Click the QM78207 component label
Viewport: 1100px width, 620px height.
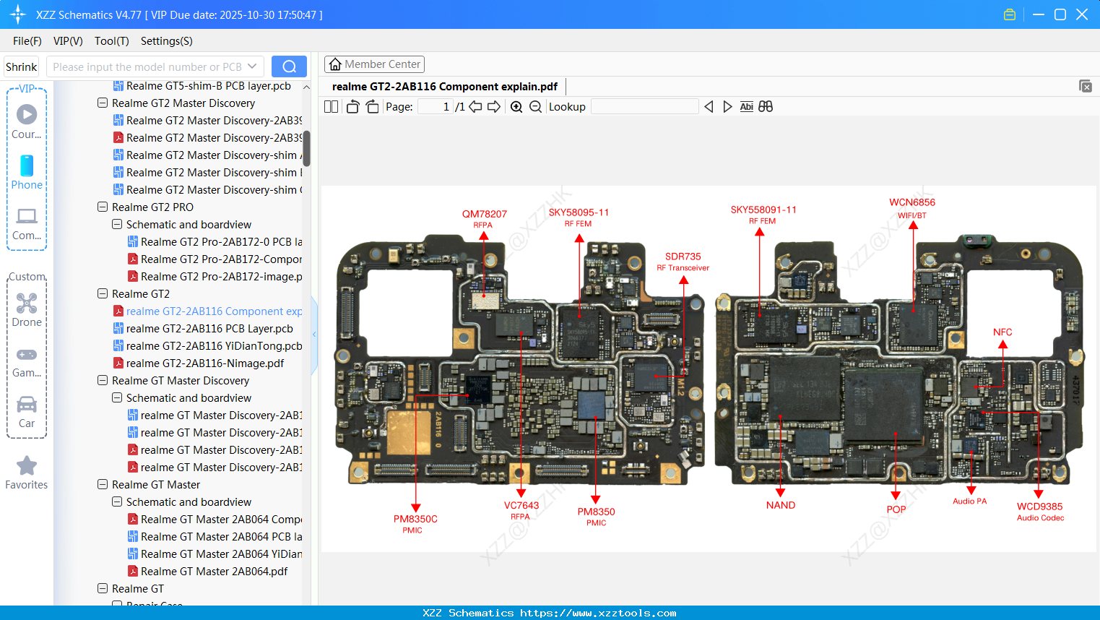coord(484,214)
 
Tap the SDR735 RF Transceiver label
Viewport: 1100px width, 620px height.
coord(683,257)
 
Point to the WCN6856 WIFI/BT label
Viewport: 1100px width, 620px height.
coord(911,202)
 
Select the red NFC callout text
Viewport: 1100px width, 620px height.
coord(1002,332)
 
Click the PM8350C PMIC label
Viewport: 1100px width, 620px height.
coord(415,519)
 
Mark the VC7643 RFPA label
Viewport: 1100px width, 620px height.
coord(521,506)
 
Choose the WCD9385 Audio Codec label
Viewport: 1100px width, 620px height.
coord(1039,507)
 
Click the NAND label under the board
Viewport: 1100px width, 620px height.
coord(780,505)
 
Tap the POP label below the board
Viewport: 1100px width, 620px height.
coord(896,509)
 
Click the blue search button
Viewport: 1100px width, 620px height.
coord(289,66)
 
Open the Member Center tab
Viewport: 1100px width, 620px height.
coord(374,64)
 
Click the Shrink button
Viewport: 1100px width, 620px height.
coord(21,66)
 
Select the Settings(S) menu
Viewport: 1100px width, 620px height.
coord(166,41)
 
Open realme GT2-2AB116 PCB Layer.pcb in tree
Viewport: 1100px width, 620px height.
coord(209,329)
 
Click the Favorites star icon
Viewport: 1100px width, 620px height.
coord(27,466)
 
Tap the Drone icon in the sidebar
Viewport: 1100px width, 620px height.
coord(27,303)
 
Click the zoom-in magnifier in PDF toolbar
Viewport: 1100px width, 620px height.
coord(516,107)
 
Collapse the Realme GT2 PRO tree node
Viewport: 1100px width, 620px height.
coord(103,207)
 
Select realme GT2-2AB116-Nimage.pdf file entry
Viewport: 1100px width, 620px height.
coord(205,363)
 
